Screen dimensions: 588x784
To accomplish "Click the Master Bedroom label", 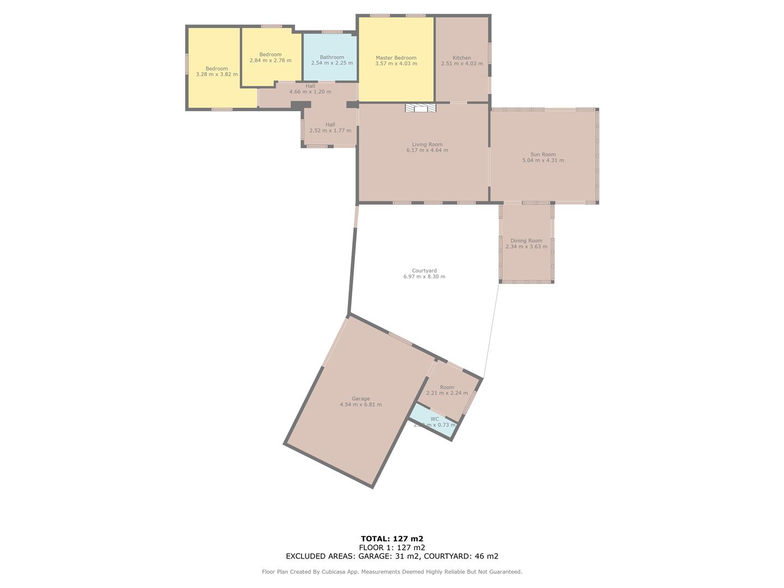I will coord(396,58).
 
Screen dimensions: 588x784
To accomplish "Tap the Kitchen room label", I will coord(462,58).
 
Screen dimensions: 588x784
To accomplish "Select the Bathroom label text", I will coord(332,57).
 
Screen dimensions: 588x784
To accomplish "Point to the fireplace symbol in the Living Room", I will coord(421,108).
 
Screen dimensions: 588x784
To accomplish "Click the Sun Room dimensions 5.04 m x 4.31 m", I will coord(543,161).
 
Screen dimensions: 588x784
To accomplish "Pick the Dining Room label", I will coord(526,241).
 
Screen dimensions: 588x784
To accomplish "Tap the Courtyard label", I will coord(424,271).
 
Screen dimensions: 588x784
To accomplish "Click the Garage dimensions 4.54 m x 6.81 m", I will coord(360,405).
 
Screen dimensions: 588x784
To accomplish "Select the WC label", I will coord(434,419).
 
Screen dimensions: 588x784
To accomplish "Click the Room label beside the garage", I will coord(446,387).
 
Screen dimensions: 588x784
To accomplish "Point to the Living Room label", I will coord(427,144).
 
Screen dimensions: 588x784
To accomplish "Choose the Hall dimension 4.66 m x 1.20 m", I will coord(310,92).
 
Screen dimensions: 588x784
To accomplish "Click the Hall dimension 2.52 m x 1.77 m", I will coord(330,131).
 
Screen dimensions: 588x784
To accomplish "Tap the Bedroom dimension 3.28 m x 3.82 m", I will coord(217,75).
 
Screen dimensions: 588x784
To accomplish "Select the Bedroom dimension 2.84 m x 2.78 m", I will coord(270,60).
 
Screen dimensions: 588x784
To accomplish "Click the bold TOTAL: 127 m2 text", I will coord(392,539).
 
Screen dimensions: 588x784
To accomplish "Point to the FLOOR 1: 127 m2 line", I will coord(392,548).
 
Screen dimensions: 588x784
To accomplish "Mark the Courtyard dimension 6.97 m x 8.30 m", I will coord(424,277).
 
